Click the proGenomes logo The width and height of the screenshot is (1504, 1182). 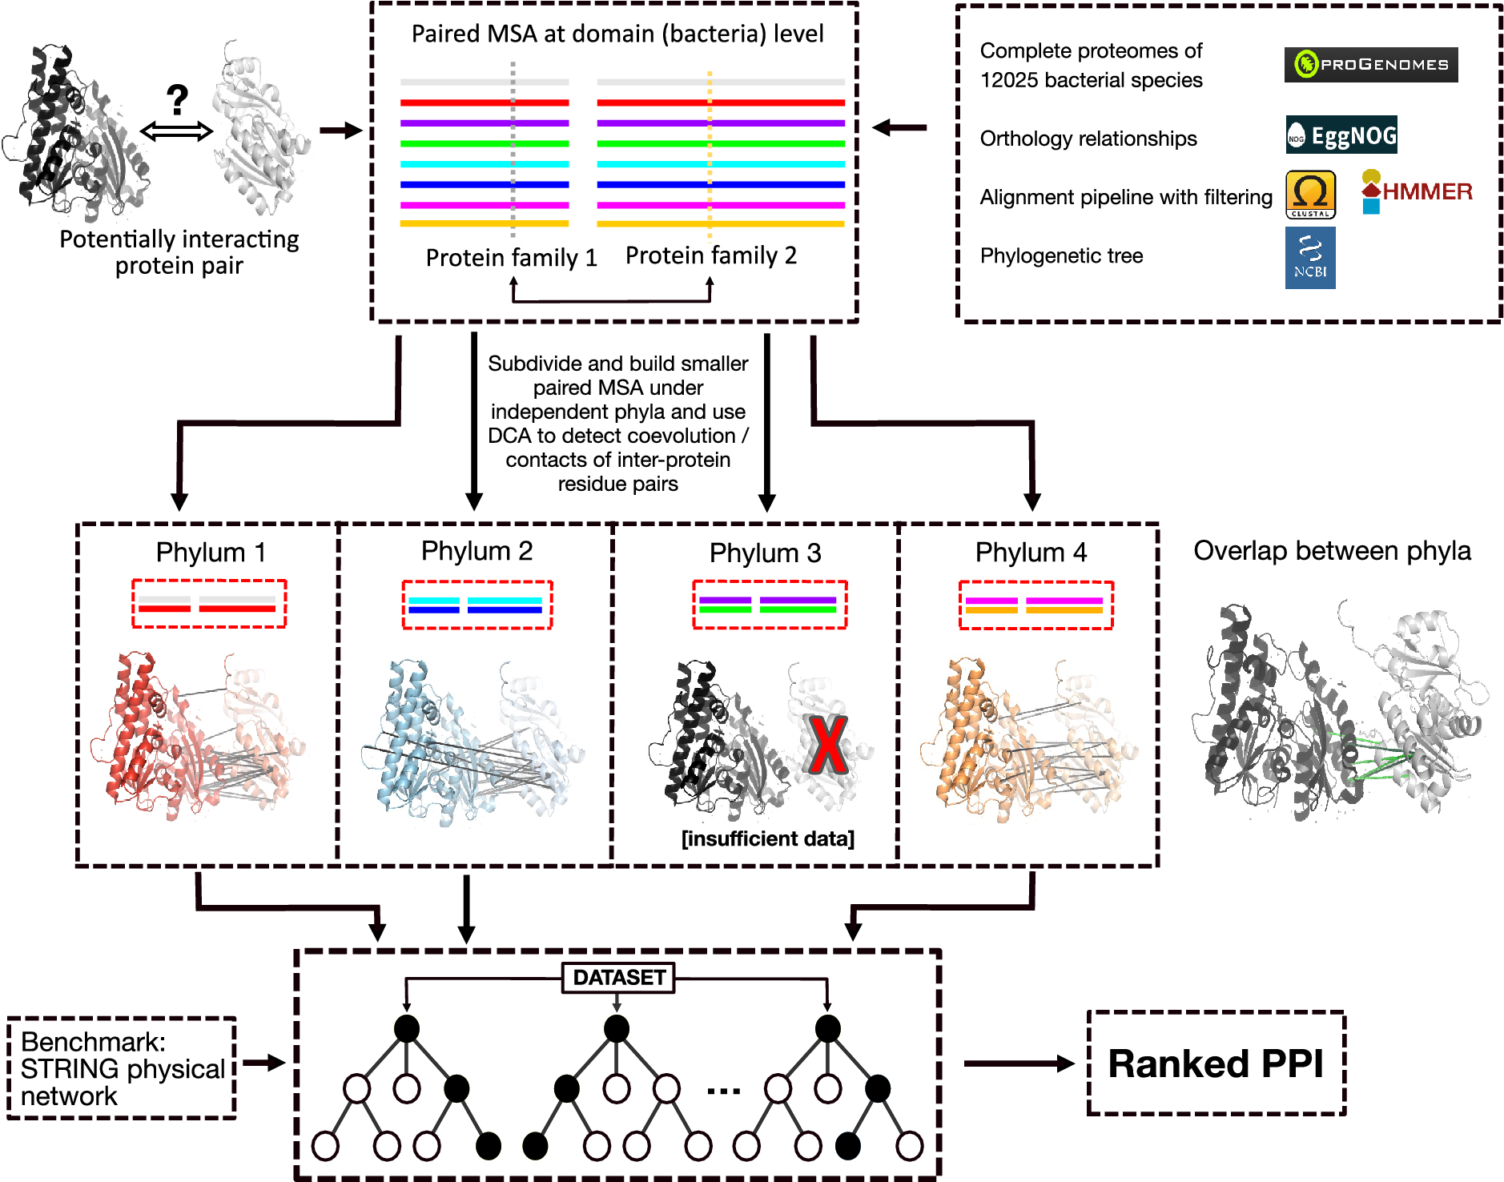click(1370, 65)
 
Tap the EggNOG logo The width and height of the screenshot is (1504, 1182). click(1341, 135)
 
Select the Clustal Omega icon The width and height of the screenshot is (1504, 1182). click(1310, 195)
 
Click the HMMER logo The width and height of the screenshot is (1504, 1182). click(1417, 191)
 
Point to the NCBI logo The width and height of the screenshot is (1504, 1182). click(1310, 258)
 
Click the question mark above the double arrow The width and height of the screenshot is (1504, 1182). click(177, 100)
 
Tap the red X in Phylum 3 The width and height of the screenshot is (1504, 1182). click(827, 745)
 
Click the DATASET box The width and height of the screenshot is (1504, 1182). click(618, 978)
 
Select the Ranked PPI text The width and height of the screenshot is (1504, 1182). click(1216, 1063)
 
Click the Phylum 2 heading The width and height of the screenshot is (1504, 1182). click(477, 551)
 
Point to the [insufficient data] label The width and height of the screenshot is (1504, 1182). click(768, 838)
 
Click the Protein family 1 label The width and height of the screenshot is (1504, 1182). click(511, 257)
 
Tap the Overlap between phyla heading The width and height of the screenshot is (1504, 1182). click(1332, 551)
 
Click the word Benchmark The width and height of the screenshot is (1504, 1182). click(93, 1042)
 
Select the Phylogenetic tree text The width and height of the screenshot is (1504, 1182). click(1061, 255)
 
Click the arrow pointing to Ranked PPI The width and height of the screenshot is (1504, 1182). click(1019, 1063)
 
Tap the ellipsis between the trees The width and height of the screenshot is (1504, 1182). click(724, 1091)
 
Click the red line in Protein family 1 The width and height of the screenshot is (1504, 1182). click(485, 103)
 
